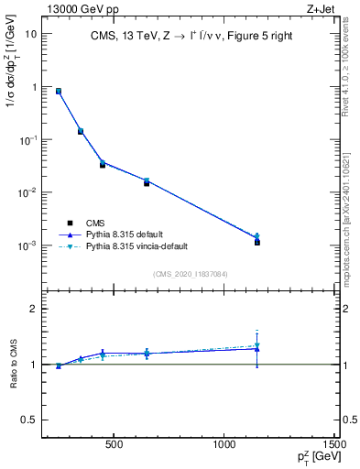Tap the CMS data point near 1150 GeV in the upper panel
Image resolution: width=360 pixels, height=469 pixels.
click(x=257, y=242)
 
